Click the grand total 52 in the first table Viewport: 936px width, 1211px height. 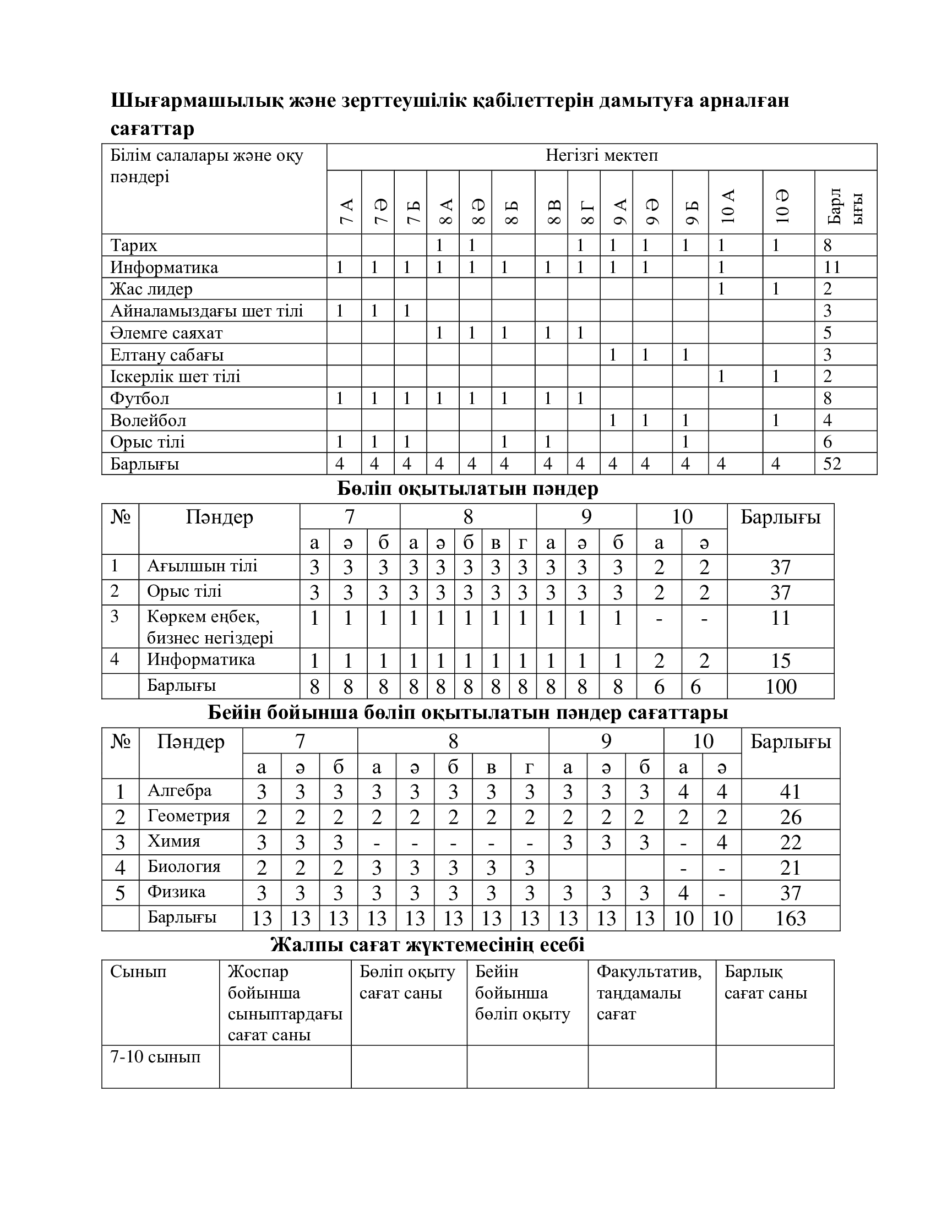pyautogui.click(x=832, y=463)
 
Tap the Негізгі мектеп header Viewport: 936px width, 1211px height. pyautogui.click(x=602, y=155)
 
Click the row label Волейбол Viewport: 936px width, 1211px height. pyautogui.click(x=148, y=421)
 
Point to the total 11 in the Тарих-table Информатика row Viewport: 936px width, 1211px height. pyautogui.click(x=832, y=268)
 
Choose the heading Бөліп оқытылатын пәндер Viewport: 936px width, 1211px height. pyautogui.click(x=467, y=488)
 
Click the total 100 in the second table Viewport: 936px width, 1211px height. pyautogui.click(x=780, y=686)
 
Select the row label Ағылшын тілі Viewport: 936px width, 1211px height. pyautogui.click(x=202, y=566)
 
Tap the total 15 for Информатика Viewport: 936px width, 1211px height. pyautogui.click(x=780, y=661)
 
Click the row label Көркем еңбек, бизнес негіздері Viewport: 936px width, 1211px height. pyautogui.click(x=210, y=627)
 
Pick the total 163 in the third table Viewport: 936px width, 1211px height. pyautogui.click(x=790, y=918)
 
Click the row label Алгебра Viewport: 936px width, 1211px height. pyautogui.click(x=179, y=790)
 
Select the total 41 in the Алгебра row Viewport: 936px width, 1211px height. pyautogui.click(x=790, y=791)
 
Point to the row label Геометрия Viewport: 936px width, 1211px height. pyautogui.click(x=188, y=816)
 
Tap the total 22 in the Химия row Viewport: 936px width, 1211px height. pyautogui.click(x=790, y=842)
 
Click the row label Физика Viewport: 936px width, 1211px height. pyautogui.click(x=176, y=892)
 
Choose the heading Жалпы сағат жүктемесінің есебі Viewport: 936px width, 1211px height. pyautogui.click(x=427, y=944)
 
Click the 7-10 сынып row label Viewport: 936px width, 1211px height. pyautogui.click(x=155, y=1057)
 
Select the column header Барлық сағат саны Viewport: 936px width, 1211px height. pyautogui.click(x=765, y=982)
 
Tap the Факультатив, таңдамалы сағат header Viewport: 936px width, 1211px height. pyautogui.click(x=649, y=992)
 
